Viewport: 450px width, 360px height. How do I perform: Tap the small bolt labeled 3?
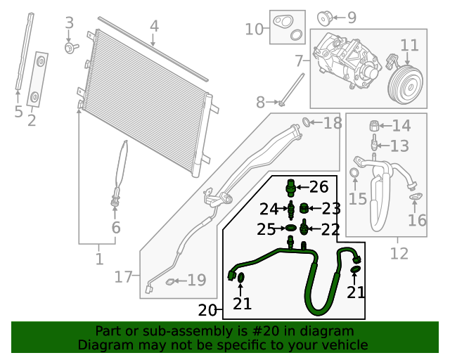pyautogui.click(x=71, y=47)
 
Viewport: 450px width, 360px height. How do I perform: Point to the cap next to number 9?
pyautogui.click(x=324, y=17)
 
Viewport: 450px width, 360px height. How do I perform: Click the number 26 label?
pyautogui.click(x=319, y=187)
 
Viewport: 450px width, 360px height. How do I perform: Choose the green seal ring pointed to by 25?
pyautogui.click(x=289, y=229)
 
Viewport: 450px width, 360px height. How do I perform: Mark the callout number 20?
pyautogui.click(x=207, y=310)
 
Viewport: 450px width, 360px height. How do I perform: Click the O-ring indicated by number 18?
pyautogui.click(x=307, y=124)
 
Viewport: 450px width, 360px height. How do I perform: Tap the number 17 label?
pyautogui.click(x=124, y=277)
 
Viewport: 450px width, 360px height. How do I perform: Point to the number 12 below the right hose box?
pyautogui.click(x=399, y=254)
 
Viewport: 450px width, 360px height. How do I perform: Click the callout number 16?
pyautogui.click(x=416, y=220)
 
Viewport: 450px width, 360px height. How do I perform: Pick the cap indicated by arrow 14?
pyautogui.click(x=375, y=127)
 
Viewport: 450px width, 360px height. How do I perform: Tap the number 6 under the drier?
pyautogui.click(x=116, y=227)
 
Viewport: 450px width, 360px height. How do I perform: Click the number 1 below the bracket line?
pyautogui.click(x=98, y=259)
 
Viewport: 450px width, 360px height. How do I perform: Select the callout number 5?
pyautogui.click(x=18, y=112)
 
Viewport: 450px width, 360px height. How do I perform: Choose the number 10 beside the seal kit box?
pyautogui.click(x=254, y=29)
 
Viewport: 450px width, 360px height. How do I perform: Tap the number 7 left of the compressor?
pyautogui.click(x=299, y=60)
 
